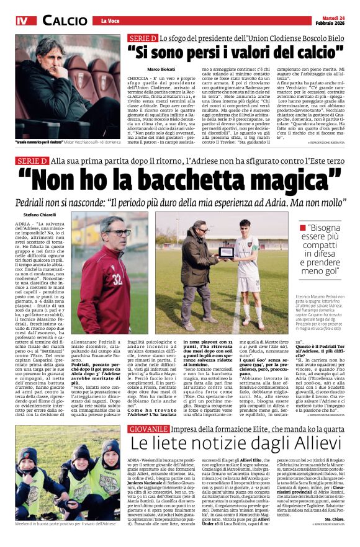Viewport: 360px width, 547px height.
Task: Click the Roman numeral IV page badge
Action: coord(22,20)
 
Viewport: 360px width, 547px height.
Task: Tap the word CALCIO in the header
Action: coord(65,20)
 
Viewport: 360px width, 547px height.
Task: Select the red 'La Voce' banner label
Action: coord(110,21)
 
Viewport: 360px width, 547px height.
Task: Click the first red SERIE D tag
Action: coord(143,38)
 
